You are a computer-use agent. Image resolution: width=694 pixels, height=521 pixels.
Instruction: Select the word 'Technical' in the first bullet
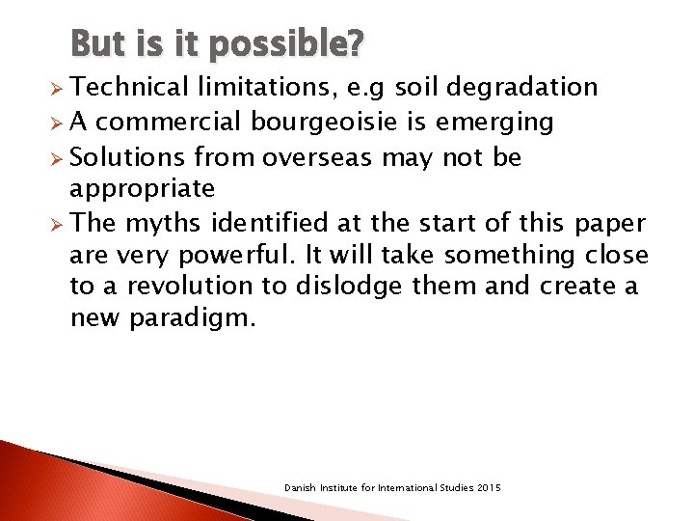(128, 88)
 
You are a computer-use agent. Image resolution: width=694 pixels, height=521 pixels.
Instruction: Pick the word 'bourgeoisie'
(313, 123)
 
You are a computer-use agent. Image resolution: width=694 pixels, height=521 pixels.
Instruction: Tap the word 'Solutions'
(128, 156)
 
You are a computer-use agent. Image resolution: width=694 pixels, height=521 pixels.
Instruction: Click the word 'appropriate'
(143, 187)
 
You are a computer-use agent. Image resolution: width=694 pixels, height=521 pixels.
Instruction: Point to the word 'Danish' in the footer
(299, 488)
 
